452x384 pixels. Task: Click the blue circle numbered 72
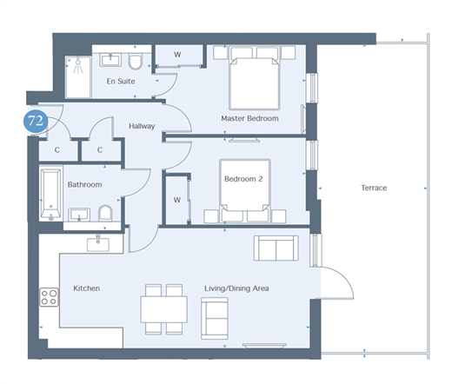click(36, 121)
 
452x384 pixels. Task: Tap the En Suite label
click(121, 82)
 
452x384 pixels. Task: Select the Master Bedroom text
click(249, 118)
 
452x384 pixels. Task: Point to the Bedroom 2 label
click(243, 179)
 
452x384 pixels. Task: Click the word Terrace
click(374, 188)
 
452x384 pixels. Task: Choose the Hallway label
click(142, 126)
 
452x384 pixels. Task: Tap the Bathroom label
click(84, 185)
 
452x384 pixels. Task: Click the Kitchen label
click(86, 288)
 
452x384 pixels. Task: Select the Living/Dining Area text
click(236, 288)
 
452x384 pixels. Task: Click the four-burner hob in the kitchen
click(49, 297)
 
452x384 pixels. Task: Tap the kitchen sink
click(98, 244)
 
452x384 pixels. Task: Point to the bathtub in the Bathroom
click(50, 194)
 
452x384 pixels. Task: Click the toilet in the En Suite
click(136, 62)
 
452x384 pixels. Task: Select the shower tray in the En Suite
click(78, 77)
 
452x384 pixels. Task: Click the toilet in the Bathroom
click(105, 213)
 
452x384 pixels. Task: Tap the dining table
click(164, 309)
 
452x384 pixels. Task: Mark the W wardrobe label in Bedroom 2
click(176, 200)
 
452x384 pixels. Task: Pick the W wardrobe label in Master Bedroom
click(177, 55)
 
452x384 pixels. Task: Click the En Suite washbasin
click(110, 60)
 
